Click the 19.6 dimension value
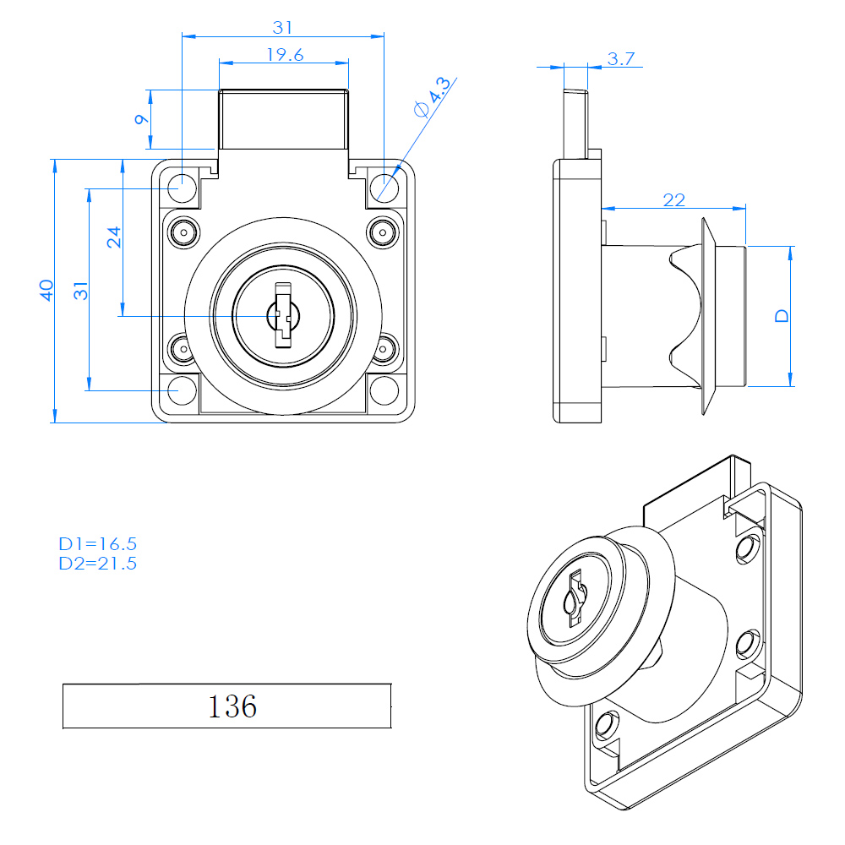pyautogui.click(x=285, y=55)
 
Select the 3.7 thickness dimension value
pyautogui.click(x=621, y=59)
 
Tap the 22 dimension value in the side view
pyautogui.click(x=673, y=200)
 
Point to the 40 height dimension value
pyautogui.click(x=46, y=290)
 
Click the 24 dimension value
pyautogui.click(x=114, y=237)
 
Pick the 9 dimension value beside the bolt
pyautogui.click(x=141, y=119)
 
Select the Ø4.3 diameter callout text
pyautogui.click(x=432, y=97)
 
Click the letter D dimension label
pyautogui.click(x=782, y=316)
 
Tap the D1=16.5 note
pyautogui.click(x=97, y=543)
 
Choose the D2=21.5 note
pyautogui.click(x=97, y=564)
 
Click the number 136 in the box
pyautogui.click(x=232, y=706)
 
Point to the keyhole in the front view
pyautogui.click(x=283, y=316)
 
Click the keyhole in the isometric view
pyautogui.click(x=575, y=598)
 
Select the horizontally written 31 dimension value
pyautogui.click(x=282, y=28)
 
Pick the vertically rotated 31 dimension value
pyautogui.click(x=81, y=291)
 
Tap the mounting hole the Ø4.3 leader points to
pyautogui.click(x=384, y=187)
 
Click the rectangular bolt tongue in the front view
pyautogui.click(x=283, y=120)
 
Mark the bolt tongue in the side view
pyautogui.click(x=576, y=124)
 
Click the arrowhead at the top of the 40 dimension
pyautogui.click(x=54, y=166)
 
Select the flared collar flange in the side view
pyautogui.click(x=708, y=316)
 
